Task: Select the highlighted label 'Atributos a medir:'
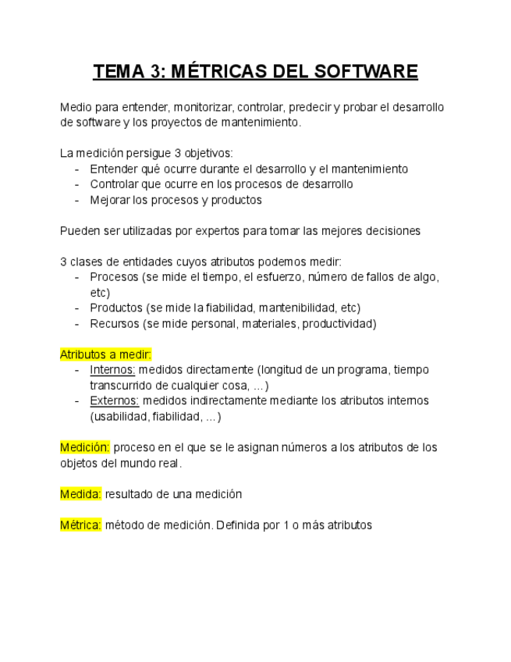[105, 354]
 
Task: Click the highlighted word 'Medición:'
[85, 447]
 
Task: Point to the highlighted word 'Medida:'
[81, 494]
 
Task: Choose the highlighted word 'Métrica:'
[81, 525]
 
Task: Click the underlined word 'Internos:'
[112, 369]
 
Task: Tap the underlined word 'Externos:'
[114, 400]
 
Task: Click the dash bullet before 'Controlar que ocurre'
[76, 184]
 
